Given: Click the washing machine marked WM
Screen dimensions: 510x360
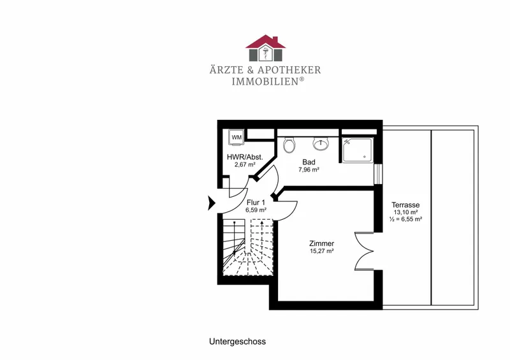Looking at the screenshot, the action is tap(237, 137).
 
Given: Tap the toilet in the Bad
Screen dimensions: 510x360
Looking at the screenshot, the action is tap(289, 145).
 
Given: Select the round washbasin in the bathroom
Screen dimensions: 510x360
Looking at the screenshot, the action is tap(321, 143).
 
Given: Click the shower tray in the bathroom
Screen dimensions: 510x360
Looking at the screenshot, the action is tap(357, 150).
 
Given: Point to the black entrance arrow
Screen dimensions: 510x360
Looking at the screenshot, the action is tap(212, 203).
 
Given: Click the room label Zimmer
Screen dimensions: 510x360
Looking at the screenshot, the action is tap(322, 243).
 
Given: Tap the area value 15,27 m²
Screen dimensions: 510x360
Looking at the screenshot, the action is tap(322, 251).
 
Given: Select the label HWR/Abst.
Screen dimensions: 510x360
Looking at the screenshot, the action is tap(245, 157).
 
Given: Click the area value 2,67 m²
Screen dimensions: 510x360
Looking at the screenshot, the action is tap(245, 164).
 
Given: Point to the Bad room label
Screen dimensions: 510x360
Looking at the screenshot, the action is tap(309, 162).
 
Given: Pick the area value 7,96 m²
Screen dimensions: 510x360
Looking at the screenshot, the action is tap(309, 169).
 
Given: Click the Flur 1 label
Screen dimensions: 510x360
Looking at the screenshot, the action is tap(256, 202).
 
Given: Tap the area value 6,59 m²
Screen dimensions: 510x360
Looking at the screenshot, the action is tap(256, 210).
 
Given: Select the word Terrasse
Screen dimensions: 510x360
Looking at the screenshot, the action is tap(405, 205).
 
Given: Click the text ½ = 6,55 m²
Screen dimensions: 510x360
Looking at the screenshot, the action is tap(405, 219).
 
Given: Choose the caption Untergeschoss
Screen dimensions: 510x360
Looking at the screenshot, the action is tap(237, 342).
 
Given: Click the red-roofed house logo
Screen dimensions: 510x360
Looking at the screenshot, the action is tap(266, 48).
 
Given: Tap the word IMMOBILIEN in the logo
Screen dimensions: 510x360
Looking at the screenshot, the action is tap(265, 82).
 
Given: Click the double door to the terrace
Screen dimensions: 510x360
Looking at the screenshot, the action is tap(364, 251).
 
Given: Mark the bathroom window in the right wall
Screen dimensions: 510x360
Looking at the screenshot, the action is tap(378, 174).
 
